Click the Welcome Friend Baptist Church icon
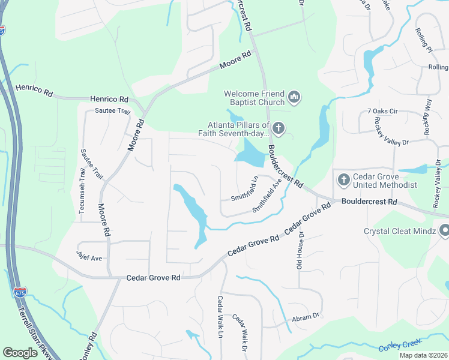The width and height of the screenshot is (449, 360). pyautogui.click(x=294, y=97)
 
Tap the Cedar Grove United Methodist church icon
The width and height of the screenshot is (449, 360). pyautogui.click(x=343, y=179)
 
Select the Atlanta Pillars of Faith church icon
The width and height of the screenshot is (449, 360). pyautogui.click(x=278, y=128)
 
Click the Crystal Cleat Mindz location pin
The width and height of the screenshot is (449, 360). pyautogui.click(x=444, y=230)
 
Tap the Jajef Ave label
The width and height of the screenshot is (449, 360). pyautogui.click(x=89, y=257)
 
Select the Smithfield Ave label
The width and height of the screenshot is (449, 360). pyautogui.click(x=267, y=195)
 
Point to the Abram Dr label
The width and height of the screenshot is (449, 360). pyautogui.click(x=305, y=317)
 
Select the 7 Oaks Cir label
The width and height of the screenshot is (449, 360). pyautogui.click(x=382, y=112)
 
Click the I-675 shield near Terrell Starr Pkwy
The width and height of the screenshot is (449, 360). pyautogui.click(x=19, y=293)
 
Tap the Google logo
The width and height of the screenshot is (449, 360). pyautogui.click(x=20, y=352)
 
